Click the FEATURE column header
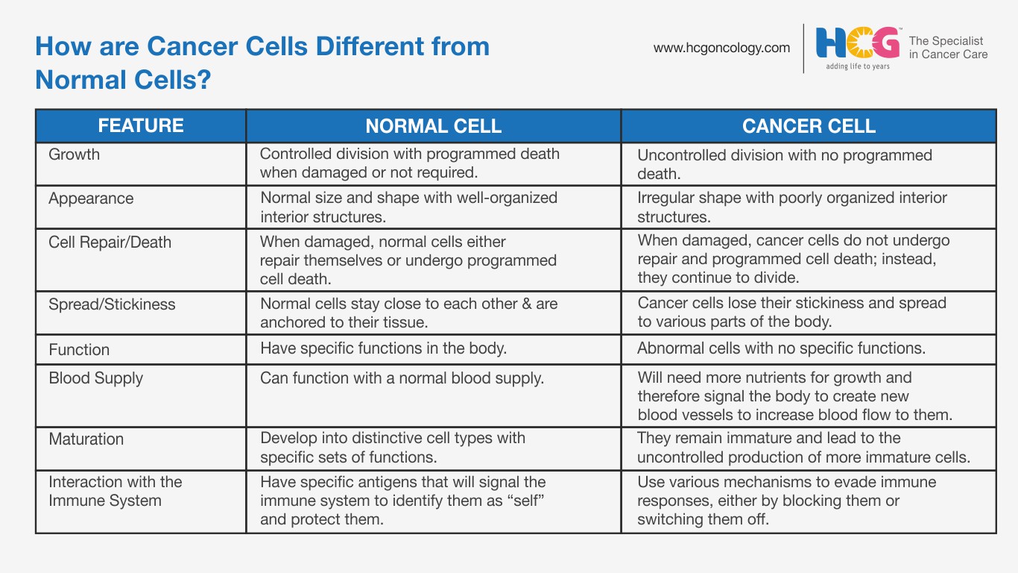(x=141, y=125)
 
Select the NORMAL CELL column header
(x=434, y=126)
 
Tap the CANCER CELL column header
(x=809, y=126)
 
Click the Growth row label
(x=74, y=154)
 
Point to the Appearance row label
(x=91, y=199)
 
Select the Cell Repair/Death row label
(x=110, y=242)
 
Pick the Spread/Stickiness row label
(x=112, y=304)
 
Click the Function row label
(x=79, y=349)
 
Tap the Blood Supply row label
(x=96, y=378)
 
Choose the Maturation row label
(x=86, y=439)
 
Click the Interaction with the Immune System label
(x=116, y=491)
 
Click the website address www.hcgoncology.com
(x=721, y=48)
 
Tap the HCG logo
(x=858, y=43)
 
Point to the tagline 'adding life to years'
(x=858, y=66)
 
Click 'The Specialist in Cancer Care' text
(x=948, y=48)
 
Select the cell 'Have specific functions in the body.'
(x=384, y=348)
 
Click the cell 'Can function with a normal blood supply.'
(x=402, y=378)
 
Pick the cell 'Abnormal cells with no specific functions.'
(x=781, y=348)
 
